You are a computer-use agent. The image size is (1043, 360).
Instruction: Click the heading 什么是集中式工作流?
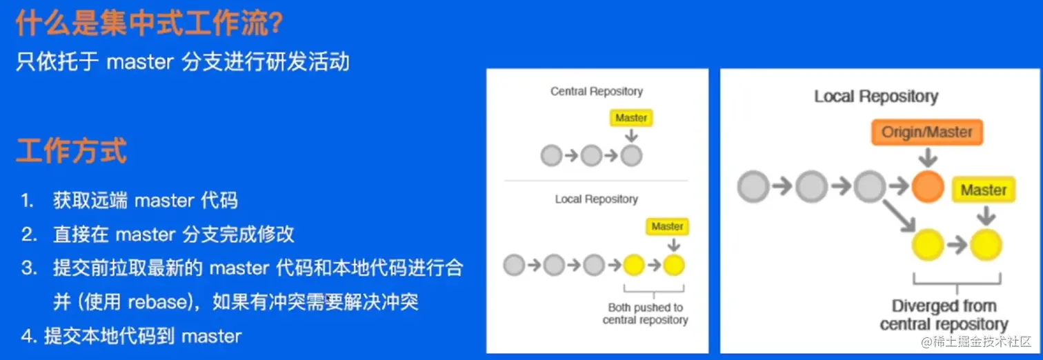149,24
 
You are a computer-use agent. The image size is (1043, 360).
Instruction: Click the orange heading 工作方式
72,150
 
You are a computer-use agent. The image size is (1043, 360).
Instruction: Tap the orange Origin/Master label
926,132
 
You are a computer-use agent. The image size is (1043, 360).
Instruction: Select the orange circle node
928,186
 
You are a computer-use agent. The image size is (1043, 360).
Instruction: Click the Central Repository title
596,91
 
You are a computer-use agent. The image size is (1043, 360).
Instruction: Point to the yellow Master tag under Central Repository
631,118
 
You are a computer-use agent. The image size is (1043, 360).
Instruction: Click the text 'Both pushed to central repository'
645,314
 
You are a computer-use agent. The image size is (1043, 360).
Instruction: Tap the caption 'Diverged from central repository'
944,315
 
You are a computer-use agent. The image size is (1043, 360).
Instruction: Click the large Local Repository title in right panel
875,97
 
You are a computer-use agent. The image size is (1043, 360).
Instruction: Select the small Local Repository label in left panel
596,199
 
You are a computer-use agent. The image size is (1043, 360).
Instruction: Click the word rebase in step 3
161,302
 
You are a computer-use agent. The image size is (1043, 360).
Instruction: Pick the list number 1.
28,201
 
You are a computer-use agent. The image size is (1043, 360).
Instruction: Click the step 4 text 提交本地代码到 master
143,337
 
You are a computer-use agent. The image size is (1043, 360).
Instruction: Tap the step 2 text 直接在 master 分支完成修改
173,234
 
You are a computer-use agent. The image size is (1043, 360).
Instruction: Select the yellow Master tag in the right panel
983,190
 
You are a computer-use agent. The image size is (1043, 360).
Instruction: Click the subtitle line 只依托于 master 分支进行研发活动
183,62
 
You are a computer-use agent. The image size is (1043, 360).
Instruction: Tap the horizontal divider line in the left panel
596,181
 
